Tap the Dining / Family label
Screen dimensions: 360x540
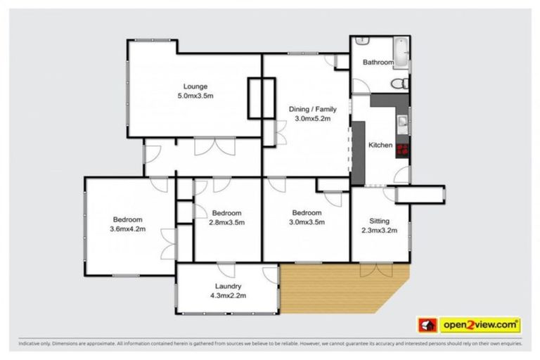tap(312, 109)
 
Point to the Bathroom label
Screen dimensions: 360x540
tap(378, 63)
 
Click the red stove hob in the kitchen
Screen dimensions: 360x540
tap(403, 148)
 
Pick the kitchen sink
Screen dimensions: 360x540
tap(401, 124)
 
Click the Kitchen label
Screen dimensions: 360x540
tap(380, 145)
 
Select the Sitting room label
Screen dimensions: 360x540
tap(379, 221)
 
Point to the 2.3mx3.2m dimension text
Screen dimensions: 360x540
tap(379, 230)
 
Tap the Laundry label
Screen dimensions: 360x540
tap(229, 286)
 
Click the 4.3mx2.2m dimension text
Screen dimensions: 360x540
tap(229, 295)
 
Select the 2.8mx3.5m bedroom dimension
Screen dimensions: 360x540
tap(226, 223)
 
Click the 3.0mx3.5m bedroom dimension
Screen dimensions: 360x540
tap(307, 223)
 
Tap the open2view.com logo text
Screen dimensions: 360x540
tap(480, 325)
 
